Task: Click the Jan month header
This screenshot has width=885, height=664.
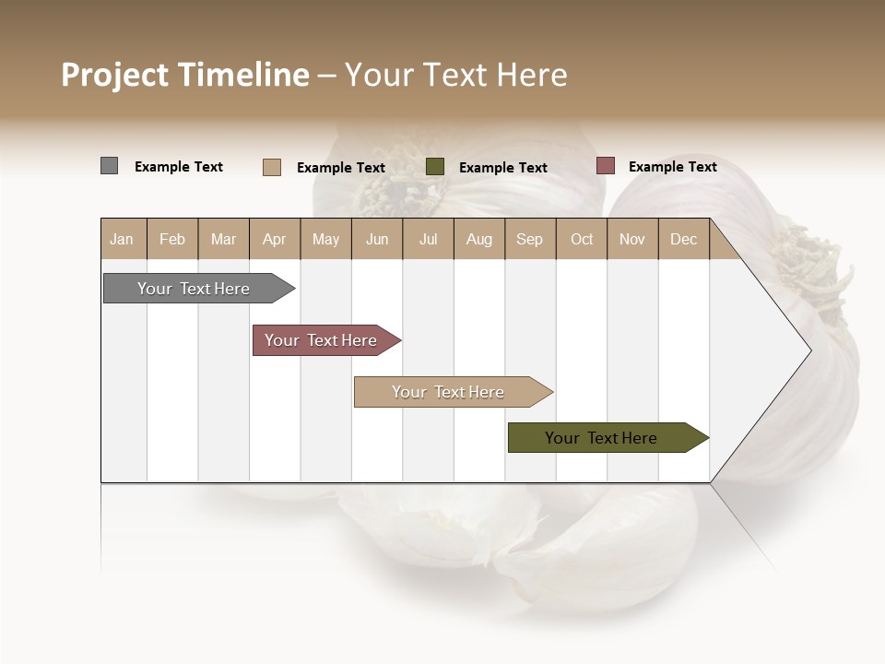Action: (123, 239)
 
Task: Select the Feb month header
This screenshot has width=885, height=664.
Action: (172, 239)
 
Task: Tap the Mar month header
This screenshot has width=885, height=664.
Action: (223, 239)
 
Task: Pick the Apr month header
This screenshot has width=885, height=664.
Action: (275, 239)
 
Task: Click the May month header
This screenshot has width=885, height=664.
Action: (325, 239)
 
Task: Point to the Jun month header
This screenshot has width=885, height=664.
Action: (377, 239)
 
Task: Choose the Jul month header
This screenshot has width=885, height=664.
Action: (428, 239)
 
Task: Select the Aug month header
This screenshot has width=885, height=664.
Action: (479, 239)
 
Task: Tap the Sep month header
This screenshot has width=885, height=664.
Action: (530, 239)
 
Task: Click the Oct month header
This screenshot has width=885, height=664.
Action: (582, 239)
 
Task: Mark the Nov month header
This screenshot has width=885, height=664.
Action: (632, 239)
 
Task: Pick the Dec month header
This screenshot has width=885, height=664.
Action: (684, 239)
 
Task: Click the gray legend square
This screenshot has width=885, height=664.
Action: (109, 166)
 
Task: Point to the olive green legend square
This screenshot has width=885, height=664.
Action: (435, 167)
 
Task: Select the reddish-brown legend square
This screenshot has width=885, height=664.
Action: (605, 166)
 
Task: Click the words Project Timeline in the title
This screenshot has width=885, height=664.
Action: (184, 75)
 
